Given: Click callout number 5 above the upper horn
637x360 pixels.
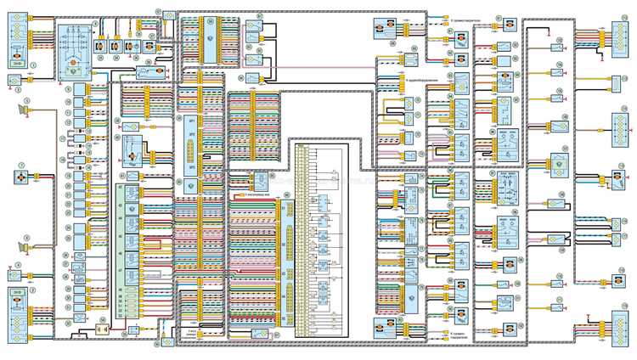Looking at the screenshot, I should (x=28, y=100).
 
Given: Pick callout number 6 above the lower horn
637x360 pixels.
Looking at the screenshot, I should (x=28, y=237).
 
